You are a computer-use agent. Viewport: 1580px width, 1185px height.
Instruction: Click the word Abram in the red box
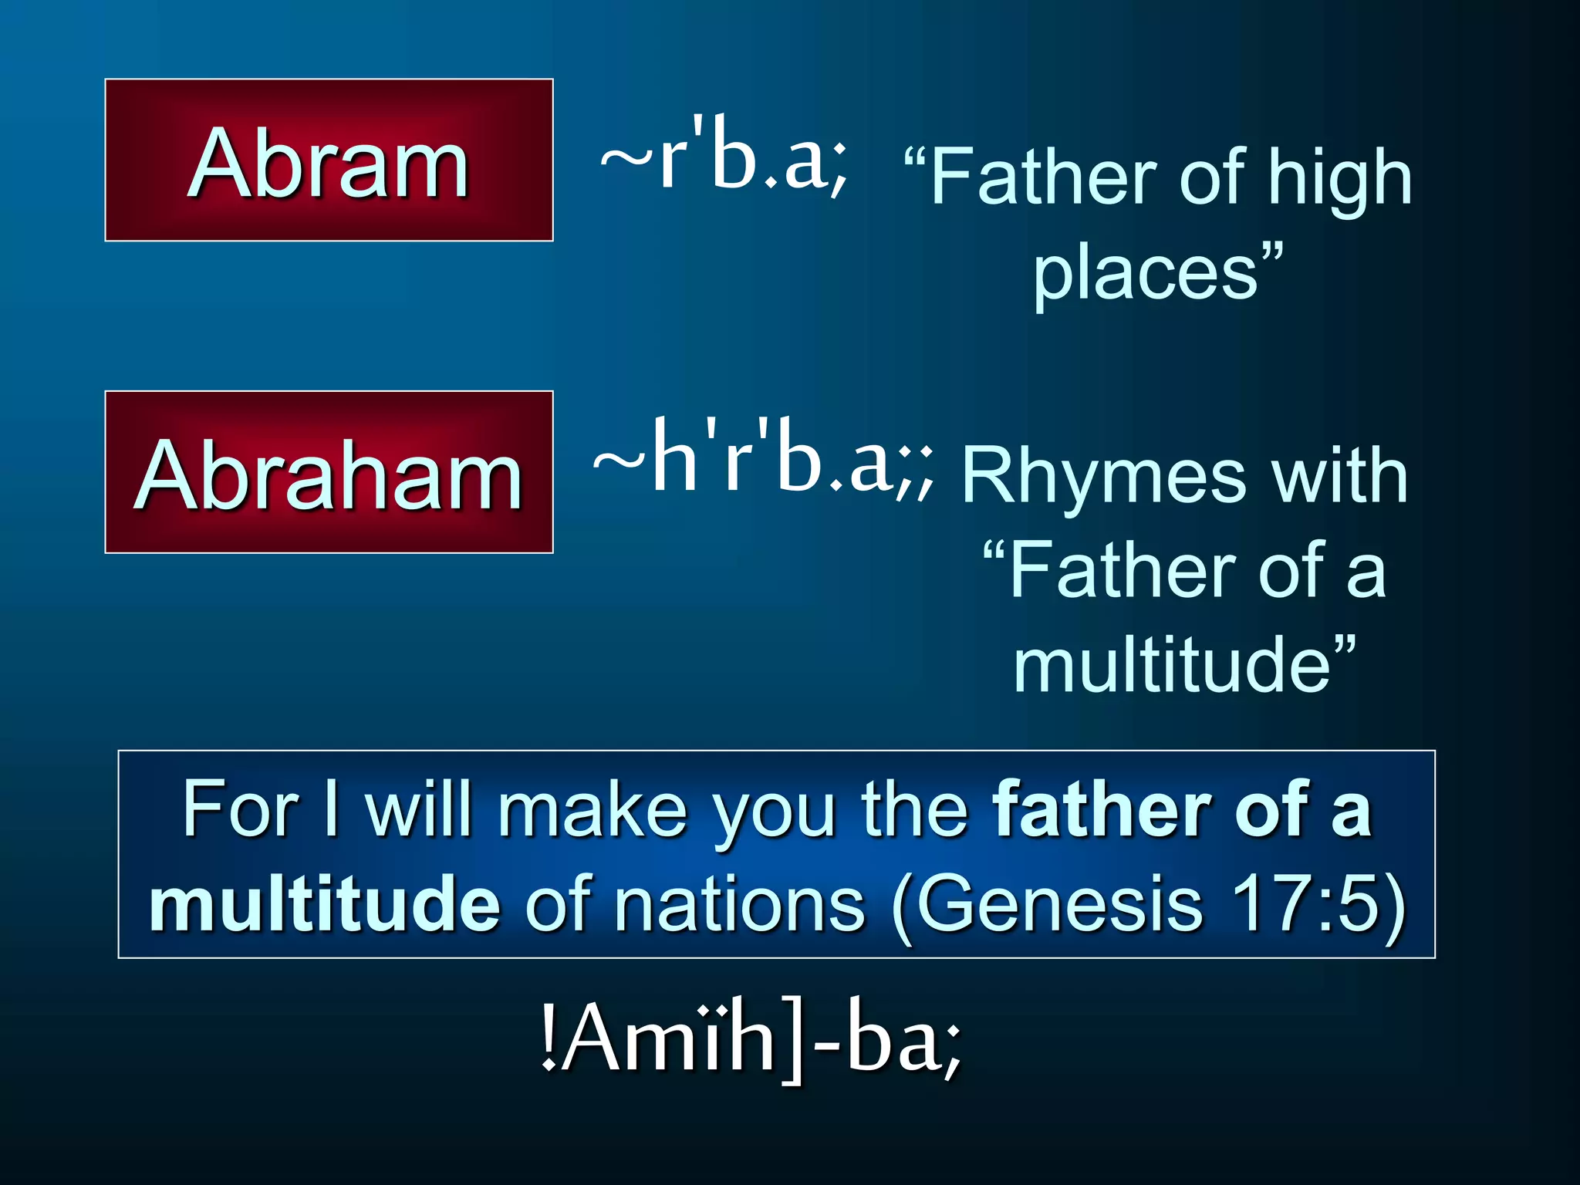[x=329, y=163]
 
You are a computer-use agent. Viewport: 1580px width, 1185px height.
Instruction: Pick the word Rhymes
[x=1103, y=476]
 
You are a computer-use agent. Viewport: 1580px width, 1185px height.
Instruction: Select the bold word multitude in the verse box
[x=325, y=903]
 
